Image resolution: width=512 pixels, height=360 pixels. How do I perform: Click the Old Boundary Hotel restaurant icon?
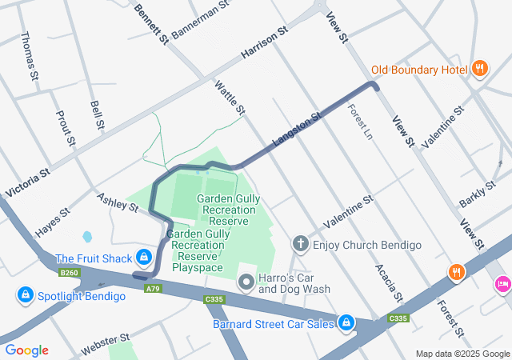coord(480,69)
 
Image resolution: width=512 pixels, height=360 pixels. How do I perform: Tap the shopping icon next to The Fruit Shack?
coord(144,258)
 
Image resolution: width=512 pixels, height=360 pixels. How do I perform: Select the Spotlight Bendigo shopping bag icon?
coord(26,296)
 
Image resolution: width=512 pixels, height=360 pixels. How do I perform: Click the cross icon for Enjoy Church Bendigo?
coord(301,244)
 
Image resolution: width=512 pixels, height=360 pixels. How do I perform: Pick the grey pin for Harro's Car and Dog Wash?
coord(246,282)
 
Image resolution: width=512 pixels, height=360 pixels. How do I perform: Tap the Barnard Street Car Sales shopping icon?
coord(346,323)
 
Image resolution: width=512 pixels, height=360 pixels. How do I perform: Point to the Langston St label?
coord(296,129)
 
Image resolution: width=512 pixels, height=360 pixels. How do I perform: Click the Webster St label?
coord(104,346)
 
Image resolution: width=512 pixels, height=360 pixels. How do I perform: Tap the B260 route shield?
coord(70,273)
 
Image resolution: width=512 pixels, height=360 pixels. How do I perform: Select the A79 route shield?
coord(154,288)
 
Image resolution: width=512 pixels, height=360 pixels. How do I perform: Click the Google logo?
coord(26,350)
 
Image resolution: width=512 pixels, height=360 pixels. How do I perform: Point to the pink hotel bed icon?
coord(503,282)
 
